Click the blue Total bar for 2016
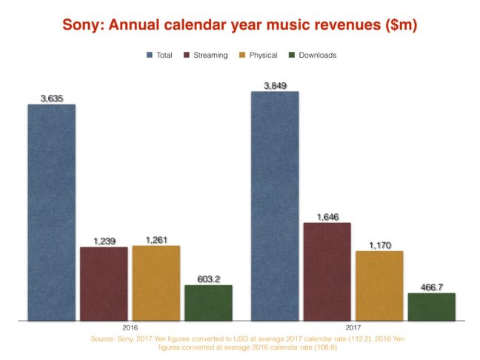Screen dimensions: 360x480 [x=52, y=212]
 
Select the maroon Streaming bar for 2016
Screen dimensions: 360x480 [x=104, y=283]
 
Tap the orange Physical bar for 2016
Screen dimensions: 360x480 [x=156, y=282]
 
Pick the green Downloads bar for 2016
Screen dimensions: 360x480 [x=208, y=302]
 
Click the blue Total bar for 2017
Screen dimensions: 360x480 [x=275, y=206]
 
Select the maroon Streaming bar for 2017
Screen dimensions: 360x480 [x=327, y=271]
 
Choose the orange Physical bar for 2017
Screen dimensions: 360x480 [x=379, y=285]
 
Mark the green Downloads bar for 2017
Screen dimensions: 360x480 [x=431, y=306]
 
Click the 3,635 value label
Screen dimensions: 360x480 [x=52, y=98]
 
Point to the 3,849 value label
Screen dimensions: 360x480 [x=275, y=85]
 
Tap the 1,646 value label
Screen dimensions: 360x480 [x=327, y=216]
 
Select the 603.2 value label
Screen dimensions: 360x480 [x=208, y=279]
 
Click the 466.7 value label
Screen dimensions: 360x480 [x=431, y=287]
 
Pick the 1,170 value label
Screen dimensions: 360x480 [x=379, y=244]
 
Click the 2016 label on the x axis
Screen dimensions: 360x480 [x=130, y=327]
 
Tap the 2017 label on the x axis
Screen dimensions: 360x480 [x=353, y=327]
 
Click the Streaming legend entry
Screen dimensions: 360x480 [x=209, y=55]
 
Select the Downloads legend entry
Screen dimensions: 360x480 [x=315, y=55]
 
